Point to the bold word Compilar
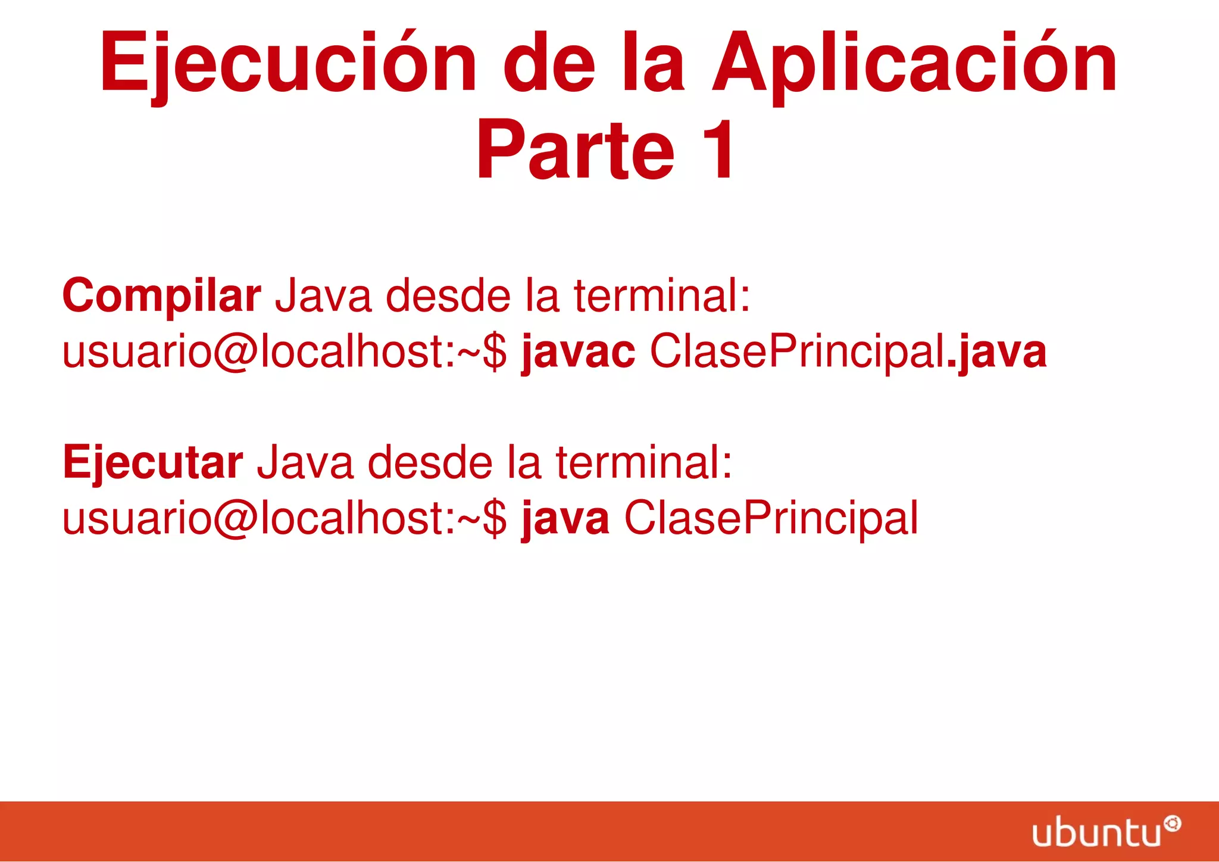161,296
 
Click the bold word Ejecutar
152,463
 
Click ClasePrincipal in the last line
771,518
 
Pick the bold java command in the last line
565,518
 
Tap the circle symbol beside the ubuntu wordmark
1172,824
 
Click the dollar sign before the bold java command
495,518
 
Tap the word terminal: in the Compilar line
661,296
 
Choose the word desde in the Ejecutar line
430,463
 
